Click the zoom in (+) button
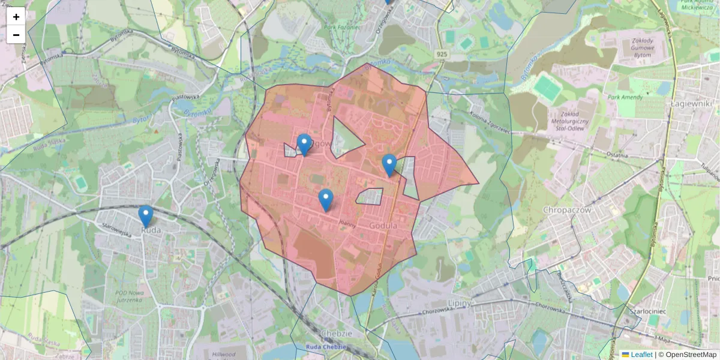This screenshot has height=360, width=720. tap(16, 17)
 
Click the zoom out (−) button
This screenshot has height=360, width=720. tap(16, 35)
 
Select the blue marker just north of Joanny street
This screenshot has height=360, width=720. tap(326, 200)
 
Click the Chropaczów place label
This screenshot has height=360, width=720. tap(567, 210)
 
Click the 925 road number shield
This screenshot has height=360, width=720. tap(442, 55)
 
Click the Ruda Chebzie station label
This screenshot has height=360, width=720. tap(326, 347)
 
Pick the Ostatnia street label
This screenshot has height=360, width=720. tap(617, 155)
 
